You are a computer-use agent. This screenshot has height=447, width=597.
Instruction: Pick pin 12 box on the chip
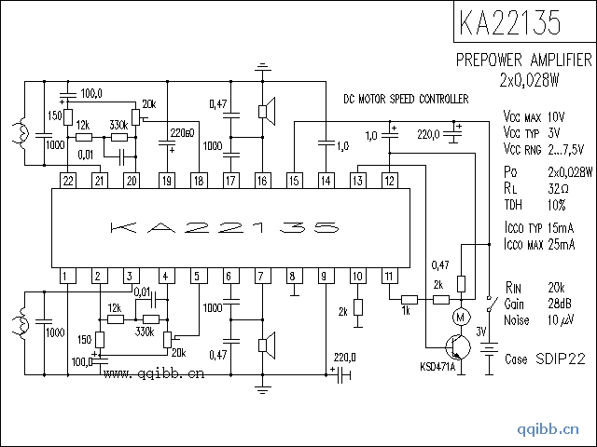point(390,180)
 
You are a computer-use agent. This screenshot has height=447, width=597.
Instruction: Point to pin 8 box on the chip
point(293,276)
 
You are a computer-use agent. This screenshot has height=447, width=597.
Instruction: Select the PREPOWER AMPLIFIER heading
point(522,61)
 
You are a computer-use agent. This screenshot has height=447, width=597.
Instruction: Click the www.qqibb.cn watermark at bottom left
point(154,375)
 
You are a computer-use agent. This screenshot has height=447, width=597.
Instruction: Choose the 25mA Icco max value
point(562,245)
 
